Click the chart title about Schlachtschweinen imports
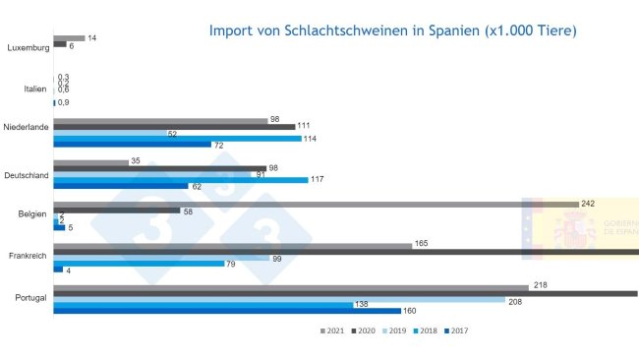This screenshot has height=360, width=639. click(393, 30)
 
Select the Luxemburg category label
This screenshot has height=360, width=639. click(27, 46)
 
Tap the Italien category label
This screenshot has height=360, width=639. click(34, 89)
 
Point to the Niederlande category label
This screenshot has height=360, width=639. click(27, 127)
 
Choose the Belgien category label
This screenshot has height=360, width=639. click(33, 213)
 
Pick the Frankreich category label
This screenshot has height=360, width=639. click(29, 256)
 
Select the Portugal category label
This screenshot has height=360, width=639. click(31, 298)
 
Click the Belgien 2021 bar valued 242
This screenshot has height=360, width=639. click(316, 204)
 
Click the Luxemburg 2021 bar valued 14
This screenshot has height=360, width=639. click(69, 38)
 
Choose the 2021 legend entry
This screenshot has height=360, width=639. click(330, 330)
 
